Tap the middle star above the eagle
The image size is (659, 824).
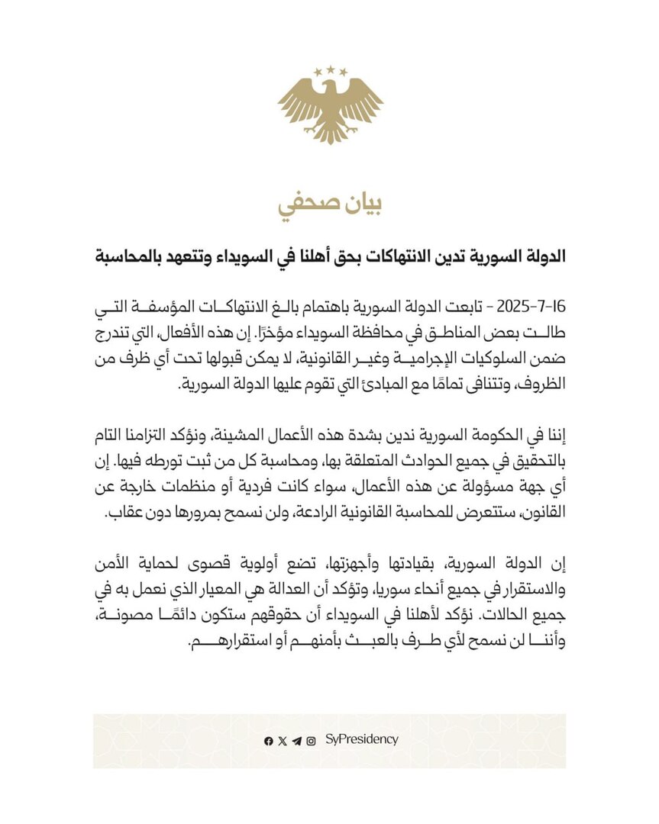point(330,69)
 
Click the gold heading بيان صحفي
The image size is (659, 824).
point(329,204)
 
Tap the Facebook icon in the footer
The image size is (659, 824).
point(268,740)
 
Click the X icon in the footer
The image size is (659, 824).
point(283,740)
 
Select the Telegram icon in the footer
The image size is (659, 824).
point(296,740)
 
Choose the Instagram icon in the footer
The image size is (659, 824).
point(311,740)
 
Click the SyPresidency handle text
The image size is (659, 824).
point(361,739)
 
